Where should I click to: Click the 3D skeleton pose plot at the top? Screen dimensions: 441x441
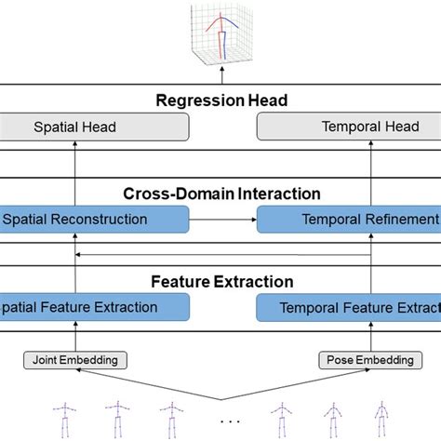(221, 35)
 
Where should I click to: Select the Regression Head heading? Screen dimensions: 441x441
(220, 101)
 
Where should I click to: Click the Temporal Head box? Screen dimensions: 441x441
(347, 127)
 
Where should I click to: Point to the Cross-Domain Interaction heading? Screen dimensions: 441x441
(221, 194)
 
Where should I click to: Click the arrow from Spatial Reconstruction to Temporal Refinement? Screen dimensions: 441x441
(222, 220)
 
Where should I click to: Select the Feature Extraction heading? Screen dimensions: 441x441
(221, 281)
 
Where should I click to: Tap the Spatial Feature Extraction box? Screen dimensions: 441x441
(93, 307)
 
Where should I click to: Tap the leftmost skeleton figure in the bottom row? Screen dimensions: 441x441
(65, 417)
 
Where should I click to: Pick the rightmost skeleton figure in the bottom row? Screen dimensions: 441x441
(380, 417)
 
